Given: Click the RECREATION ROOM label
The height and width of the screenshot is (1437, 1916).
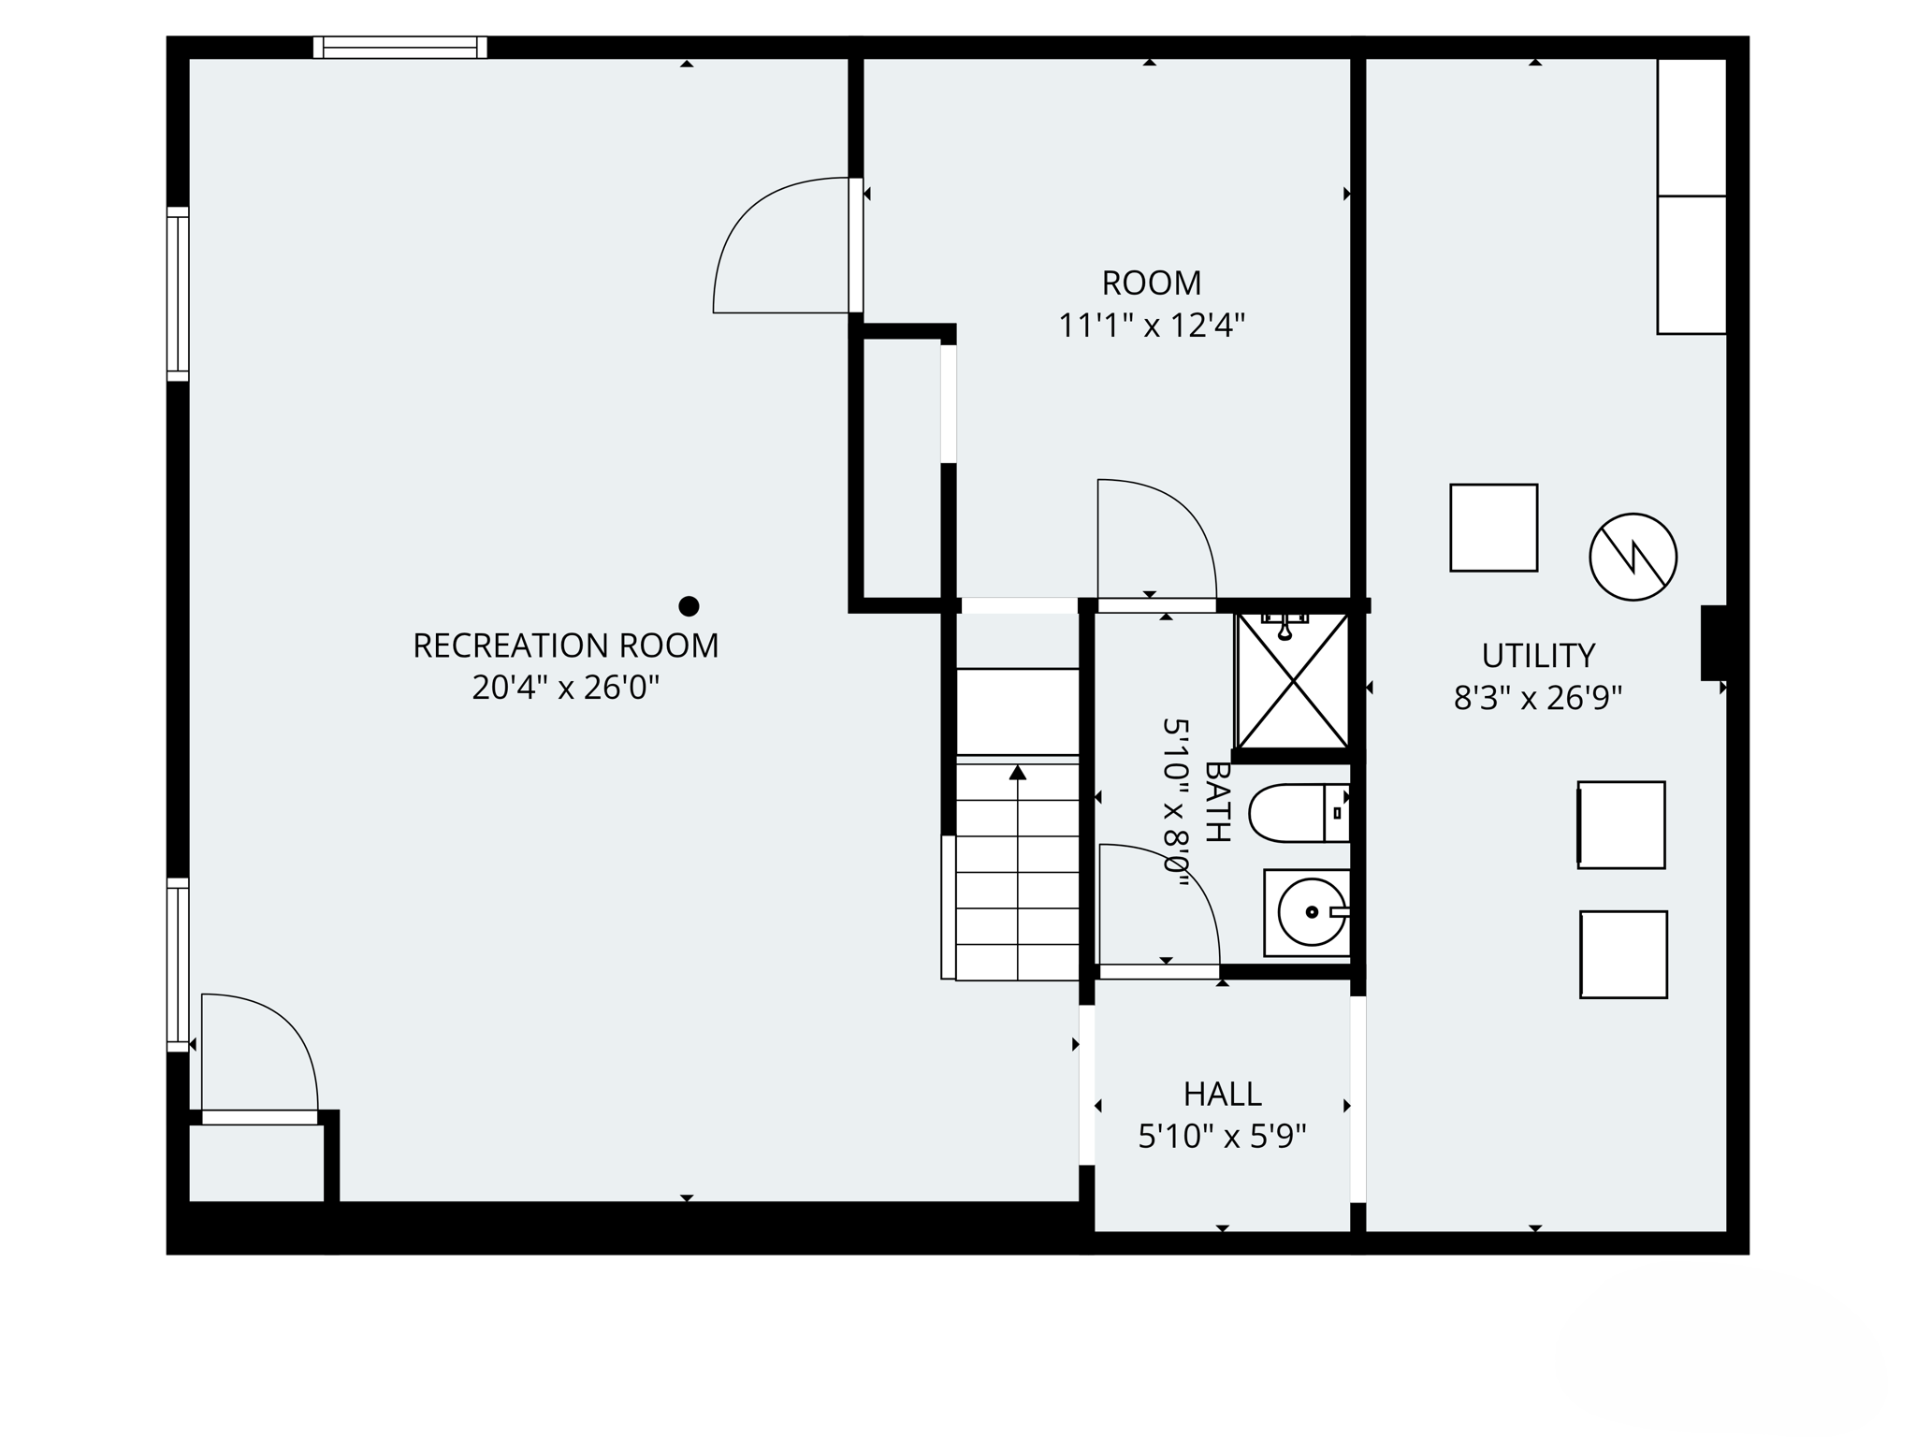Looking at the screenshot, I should click(565, 646).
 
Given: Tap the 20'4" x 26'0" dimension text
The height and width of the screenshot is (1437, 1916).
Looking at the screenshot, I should click(565, 689).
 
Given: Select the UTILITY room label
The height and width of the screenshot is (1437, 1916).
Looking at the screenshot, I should click(1538, 656).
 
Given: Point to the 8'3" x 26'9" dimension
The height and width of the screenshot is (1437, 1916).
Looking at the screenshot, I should click(1538, 698).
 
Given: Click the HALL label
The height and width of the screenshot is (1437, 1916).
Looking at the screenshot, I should click(1222, 1094).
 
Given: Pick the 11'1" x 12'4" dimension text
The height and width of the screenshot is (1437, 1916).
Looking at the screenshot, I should click(1151, 326).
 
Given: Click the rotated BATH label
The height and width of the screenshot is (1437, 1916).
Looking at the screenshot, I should click(1216, 802).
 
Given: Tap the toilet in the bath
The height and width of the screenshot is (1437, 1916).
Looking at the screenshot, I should click(1299, 813).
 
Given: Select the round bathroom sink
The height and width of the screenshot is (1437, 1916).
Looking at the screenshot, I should click(1311, 912).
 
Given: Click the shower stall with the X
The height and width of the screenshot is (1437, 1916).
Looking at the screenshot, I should click(1293, 681).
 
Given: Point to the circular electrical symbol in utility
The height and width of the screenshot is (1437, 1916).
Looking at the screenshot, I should click(1633, 557).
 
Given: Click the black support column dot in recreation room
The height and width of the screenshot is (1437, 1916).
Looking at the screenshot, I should click(689, 606).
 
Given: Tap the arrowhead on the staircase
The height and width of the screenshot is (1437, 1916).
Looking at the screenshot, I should click(1018, 773).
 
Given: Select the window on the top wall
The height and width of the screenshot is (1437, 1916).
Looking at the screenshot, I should click(400, 48).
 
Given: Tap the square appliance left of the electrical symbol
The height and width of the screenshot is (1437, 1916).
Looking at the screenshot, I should click(1493, 528).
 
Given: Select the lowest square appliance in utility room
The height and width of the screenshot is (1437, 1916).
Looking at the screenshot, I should click(1623, 954).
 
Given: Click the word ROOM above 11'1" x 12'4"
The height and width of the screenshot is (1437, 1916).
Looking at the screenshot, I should click(1151, 283).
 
